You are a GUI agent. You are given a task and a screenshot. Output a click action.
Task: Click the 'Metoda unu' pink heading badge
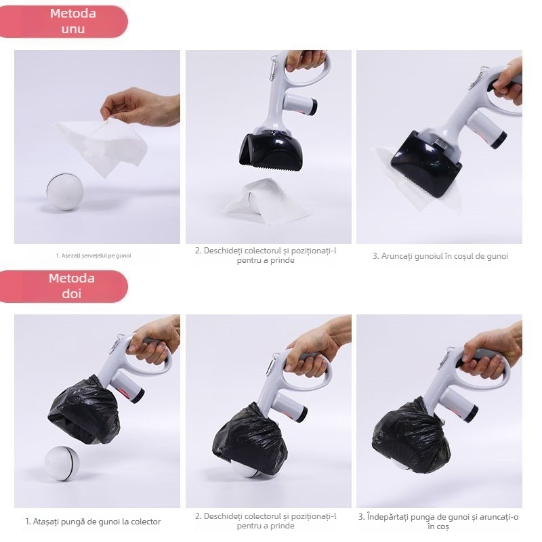click(72, 21)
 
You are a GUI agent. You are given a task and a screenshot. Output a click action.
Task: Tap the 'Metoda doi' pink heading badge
click(72, 286)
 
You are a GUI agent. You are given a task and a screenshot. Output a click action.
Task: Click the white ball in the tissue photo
click(64, 190)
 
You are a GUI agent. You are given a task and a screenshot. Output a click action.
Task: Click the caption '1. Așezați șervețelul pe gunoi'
click(93, 255)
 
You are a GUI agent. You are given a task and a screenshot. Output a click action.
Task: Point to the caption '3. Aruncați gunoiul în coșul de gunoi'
click(440, 256)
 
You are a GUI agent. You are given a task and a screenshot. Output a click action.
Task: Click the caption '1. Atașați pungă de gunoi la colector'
click(93, 522)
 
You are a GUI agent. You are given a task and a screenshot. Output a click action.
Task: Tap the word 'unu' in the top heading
click(72, 29)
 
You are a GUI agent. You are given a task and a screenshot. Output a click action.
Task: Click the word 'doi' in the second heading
click(72, 293)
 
